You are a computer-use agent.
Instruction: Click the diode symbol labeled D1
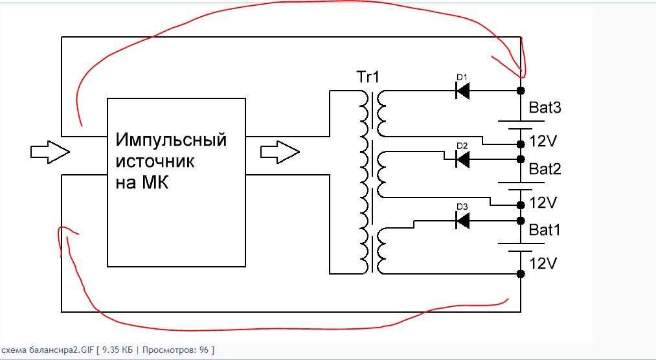pyautogui.click(x=462, y=90)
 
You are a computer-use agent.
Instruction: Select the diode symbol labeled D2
pyautogui.click(x=462, y=159)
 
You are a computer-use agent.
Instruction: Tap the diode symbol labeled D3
pyautogui.click(x=462, y=220)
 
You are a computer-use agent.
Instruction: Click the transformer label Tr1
pyautogui.click(x=368, y=77)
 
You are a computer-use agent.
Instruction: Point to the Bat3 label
pyautogui.click(x=545, y=107)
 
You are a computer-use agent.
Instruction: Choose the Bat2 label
pyautogui.click(x=545, y=169)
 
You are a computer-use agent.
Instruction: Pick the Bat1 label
pyautogui.click(x=545, y=230)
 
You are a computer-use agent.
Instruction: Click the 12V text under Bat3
pyautogui.click(x=543, y=141)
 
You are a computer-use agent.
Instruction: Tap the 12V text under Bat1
pyautogui.click(x=543, y=264)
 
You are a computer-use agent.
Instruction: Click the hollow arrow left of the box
pyautogui.click(x=51, y=152)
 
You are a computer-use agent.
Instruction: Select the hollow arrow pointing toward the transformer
pyautogui.click(x=280, y=152)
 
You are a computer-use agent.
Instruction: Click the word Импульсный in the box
pyautogui.click(x=171, y=140)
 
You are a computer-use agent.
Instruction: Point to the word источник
pyautogui.click(x=155, y=161)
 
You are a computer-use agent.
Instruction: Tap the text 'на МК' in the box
pyautogui.click(x=142, y=183)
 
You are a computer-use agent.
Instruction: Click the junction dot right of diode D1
pyautogui.click(x=521, y=90)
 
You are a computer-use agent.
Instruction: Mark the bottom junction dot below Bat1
pyautogui.click(x=521, y=274)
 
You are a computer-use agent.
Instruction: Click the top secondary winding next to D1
pyautogui.click(x=381, y=113)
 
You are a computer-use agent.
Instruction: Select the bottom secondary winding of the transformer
pyautogui.click(x=381, y=251)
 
